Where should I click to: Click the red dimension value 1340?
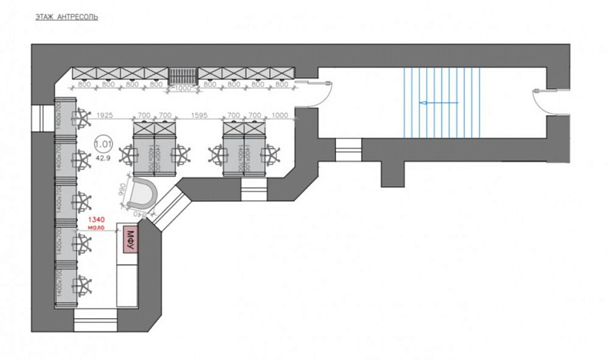click(98, 220)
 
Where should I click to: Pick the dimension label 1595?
click(199, 117)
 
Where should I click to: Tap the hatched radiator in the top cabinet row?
click(183, 74)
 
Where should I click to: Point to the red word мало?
click(98, 229)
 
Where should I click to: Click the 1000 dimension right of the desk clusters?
click(280, 117)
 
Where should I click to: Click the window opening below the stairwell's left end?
click(348, 152)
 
